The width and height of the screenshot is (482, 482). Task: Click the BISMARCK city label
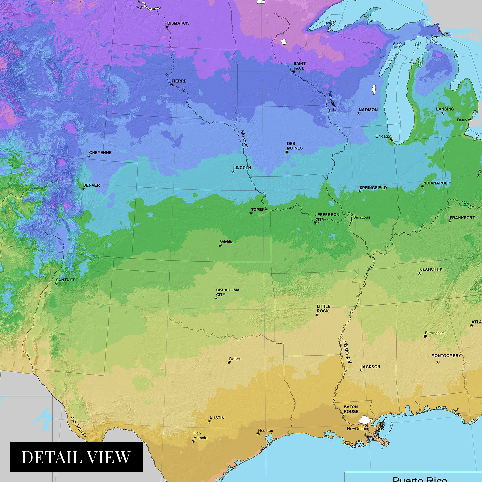178,23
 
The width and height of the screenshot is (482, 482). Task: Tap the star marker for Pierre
171,85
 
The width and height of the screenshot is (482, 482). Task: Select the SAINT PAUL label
299,66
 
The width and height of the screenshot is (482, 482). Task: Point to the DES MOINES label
295,146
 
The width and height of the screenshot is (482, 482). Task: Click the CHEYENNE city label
100,153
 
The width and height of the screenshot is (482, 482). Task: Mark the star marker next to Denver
83,189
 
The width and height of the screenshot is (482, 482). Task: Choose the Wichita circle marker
220,245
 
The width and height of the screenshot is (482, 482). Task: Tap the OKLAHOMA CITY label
228,292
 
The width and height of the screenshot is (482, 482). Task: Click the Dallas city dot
229,362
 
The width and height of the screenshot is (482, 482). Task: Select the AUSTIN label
217,418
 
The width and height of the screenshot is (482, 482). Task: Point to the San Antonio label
200,435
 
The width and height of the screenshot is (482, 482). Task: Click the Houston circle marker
258,434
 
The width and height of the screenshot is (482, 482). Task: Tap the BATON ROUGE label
351,409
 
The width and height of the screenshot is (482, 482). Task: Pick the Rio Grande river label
78,427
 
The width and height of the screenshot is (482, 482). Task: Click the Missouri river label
244,139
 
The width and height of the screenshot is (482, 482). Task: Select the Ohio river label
466,203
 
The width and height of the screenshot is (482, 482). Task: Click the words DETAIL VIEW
76,457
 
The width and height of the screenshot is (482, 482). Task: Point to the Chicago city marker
391,140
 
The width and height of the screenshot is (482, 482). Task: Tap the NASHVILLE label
431,270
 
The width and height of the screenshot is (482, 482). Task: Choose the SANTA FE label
66,280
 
